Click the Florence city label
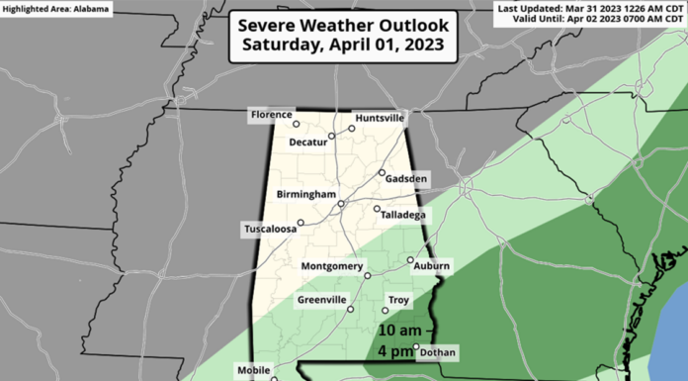point(272,116)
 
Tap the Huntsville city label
point(380,117)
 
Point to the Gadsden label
point(405,178)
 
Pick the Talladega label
point(404,214)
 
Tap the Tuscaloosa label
point(270,230)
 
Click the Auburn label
point(432,266)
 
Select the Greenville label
point(321,300)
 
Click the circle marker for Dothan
point(416,346)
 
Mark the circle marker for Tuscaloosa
point(301,223)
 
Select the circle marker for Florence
point(295,124)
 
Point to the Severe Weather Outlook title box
point(343,34)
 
